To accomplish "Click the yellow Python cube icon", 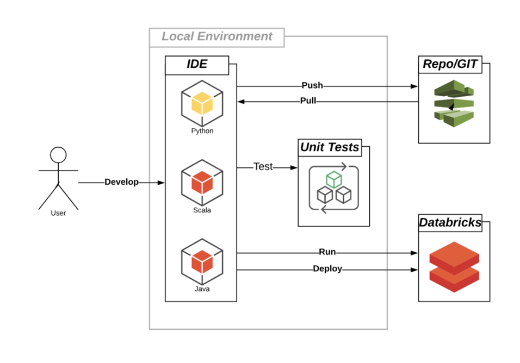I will (x=202, y=103).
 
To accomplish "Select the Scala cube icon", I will (x=202, y=181).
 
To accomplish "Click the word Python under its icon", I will (x=202, y=131).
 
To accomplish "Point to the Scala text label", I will (x=202, y=210).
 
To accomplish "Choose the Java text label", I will (x=202, y=289).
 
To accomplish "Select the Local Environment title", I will (x=216, y=37).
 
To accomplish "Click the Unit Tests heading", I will (x=330, y=147).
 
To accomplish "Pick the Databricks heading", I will (x=450, y=222).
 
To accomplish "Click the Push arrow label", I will (x=312, y=85).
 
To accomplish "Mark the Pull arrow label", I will (x=308, y=101).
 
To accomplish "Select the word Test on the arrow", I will (x=263, y=167).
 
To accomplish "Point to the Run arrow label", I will (x=327, y=252).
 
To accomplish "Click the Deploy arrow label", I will (x=327, y=268).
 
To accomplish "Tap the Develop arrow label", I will (x=121, y=182).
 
